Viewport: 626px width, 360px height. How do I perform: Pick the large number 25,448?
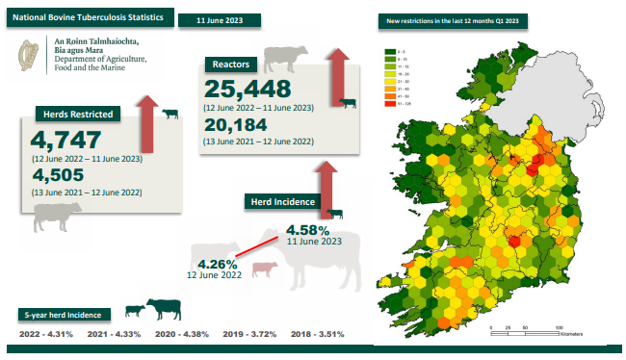254,89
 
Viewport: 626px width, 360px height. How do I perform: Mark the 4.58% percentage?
308,231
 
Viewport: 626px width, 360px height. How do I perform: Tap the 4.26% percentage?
217,264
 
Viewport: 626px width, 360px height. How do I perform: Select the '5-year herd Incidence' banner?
65,314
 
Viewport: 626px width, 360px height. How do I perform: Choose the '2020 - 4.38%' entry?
180,334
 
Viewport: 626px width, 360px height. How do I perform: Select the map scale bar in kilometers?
524,332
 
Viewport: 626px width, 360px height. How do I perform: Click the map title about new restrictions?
454,19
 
